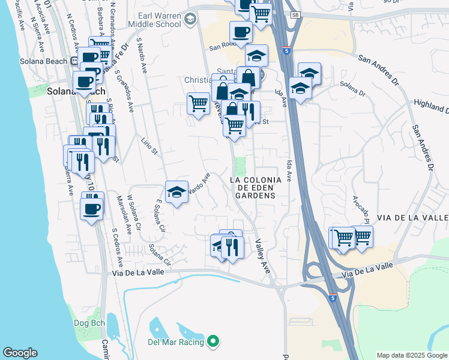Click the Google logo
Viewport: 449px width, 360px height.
(x=20, y=353)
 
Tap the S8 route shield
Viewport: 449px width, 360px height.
(x=294, y=14)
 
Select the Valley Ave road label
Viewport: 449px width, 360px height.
(x=263, y=257)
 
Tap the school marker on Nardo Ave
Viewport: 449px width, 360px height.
(x=176, y=193)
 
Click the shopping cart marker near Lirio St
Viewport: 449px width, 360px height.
(x=198, y=103)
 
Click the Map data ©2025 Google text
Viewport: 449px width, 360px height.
(x=411, y=355)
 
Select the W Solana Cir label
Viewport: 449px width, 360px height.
(x=134, y=220)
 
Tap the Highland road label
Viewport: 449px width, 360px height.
(x=431, y=106)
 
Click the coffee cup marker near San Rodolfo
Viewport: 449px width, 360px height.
(x=241, y=32)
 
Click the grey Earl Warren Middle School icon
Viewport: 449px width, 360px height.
(x=191, y=20)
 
